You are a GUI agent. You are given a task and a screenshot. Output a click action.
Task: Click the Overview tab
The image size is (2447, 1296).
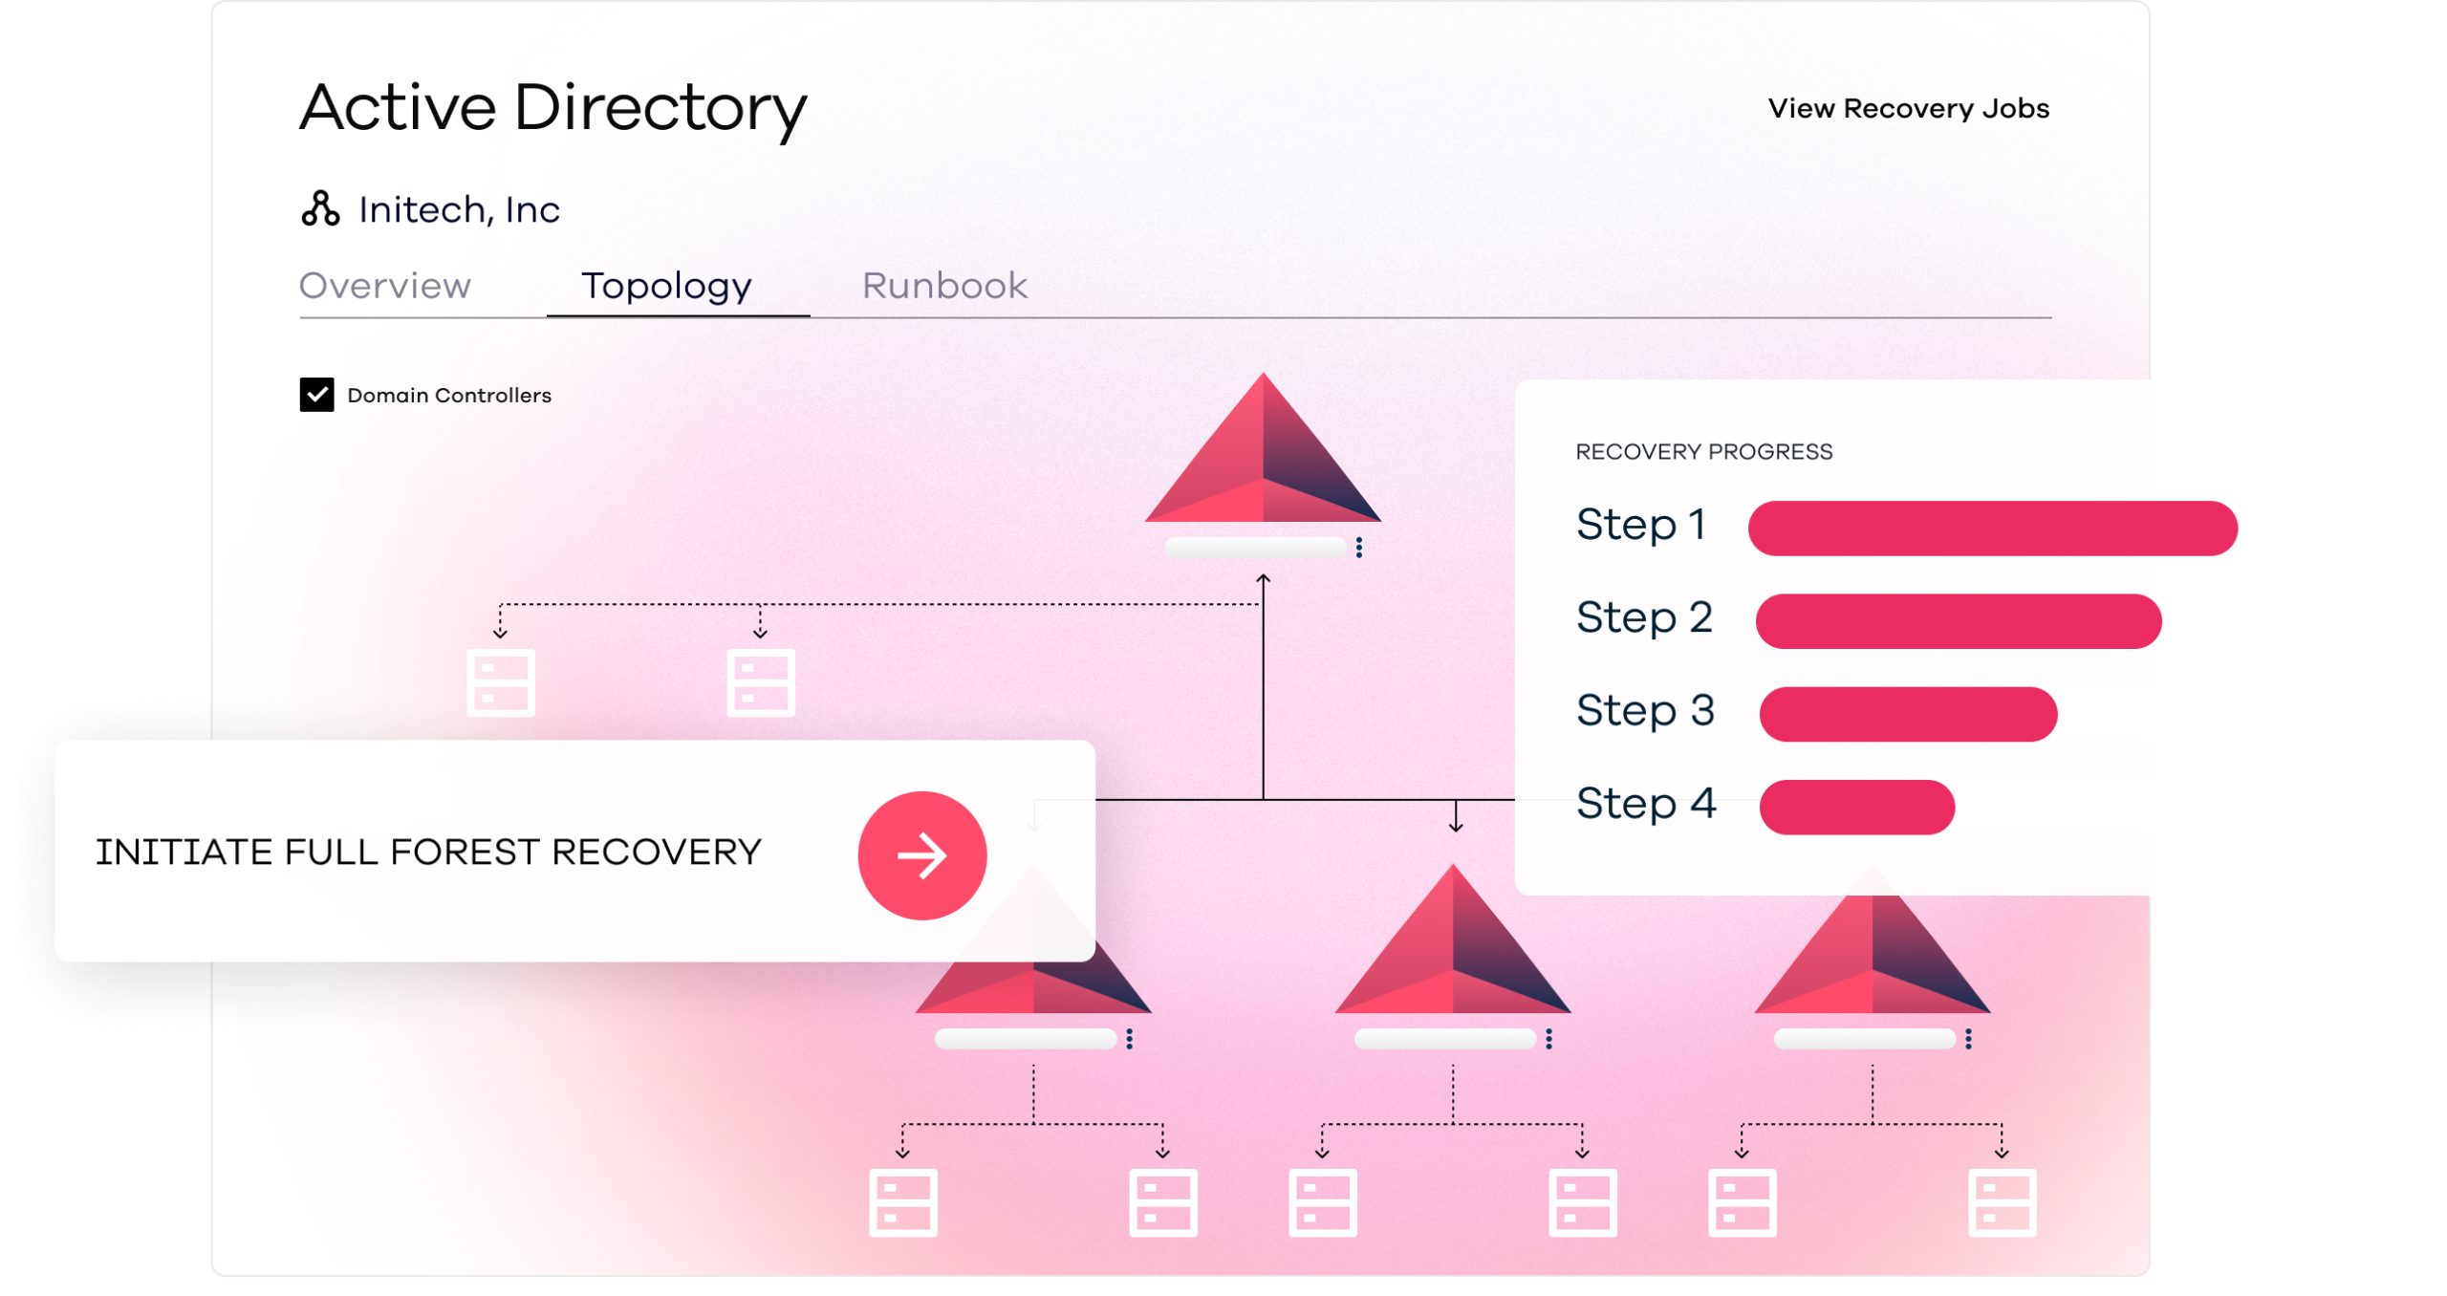[x=384, y=286]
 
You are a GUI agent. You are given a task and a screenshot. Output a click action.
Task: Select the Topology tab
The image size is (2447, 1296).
[x=666, y=287]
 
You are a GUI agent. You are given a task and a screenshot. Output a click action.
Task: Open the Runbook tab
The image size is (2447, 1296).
[x=944, y=286]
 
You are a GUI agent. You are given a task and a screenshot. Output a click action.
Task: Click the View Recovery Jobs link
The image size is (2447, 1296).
[x=1908, y=108]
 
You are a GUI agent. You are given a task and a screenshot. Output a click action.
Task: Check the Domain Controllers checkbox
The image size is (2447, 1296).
[x=316, y=394]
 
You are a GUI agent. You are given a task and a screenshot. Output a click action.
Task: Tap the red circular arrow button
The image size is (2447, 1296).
[x=921, y=855]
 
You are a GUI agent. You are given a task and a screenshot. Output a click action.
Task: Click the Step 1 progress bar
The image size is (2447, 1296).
[x=1992, y=528]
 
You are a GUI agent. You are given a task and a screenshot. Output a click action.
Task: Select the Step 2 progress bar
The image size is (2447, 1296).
[x=1959, y=621]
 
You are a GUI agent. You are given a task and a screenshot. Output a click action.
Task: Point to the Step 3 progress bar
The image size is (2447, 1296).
[x=1908, y=714]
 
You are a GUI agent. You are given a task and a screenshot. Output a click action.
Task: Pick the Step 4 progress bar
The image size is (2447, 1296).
[x=1857, y=807]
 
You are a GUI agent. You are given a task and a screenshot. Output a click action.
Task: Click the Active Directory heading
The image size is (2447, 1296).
[x=552, y=108]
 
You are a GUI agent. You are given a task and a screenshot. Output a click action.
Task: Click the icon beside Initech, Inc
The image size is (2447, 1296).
[x=320, y=208]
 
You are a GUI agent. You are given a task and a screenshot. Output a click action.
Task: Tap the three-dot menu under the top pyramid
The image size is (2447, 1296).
[x=1358, y=547]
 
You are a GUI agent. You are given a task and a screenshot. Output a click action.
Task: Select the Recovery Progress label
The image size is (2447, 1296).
[x=1703, y=451]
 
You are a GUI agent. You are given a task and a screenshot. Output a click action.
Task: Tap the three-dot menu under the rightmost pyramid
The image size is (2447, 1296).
[x=1968, y=1039]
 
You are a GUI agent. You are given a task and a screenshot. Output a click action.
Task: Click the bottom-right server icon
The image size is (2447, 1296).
[x=2002, y=1202]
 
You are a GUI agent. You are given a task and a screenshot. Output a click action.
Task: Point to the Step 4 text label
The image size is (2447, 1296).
[x=1646, y=803]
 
